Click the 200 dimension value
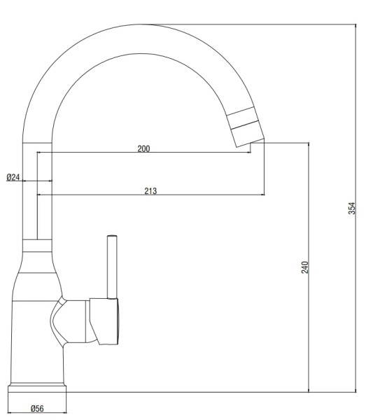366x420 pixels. (x=143, y=148)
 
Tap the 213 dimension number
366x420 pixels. (x=150, y=191)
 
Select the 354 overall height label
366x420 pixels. (x=352, y=208)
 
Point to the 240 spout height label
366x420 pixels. (x=305, y=267)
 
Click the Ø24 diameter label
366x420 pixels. (x=13, y=177)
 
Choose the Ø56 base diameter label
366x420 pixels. (x=37, y=409)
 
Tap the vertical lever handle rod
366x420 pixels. (x=112, y=267)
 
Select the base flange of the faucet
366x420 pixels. (x=37, y=389)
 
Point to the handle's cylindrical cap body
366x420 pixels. (x=104, y=321)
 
